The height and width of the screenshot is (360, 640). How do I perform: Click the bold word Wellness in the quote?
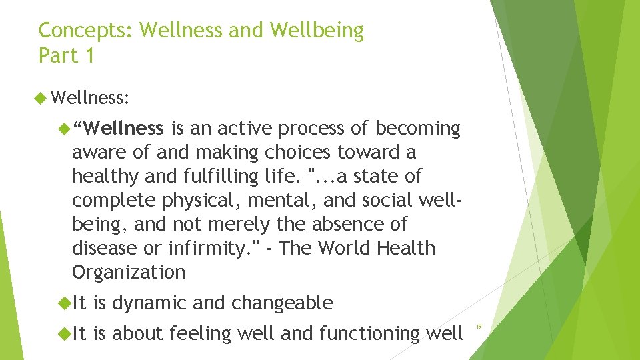tap(124, 128)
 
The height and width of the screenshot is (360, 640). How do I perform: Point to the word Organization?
tap(128, 272)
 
